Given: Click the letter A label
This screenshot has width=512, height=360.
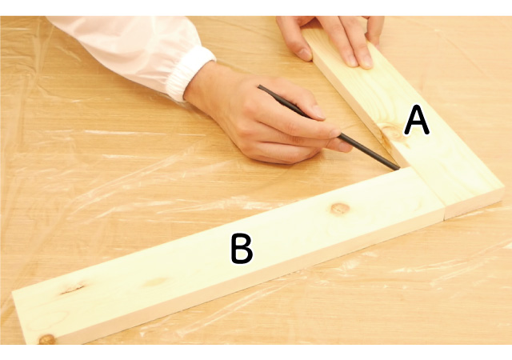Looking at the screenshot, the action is (x=417, y=122).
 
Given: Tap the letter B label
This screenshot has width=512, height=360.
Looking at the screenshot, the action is (x=242, y=249).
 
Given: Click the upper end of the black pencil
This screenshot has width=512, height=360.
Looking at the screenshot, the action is (x=259, y=86).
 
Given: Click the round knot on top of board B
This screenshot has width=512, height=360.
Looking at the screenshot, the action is (x=340, y=208).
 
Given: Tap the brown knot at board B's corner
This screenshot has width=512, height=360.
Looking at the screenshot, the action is (x=47, y=339).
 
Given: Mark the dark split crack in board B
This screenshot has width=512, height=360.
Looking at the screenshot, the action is (x=73, y=288).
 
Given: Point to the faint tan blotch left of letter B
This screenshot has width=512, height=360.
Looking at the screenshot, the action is (x=157, y=282).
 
